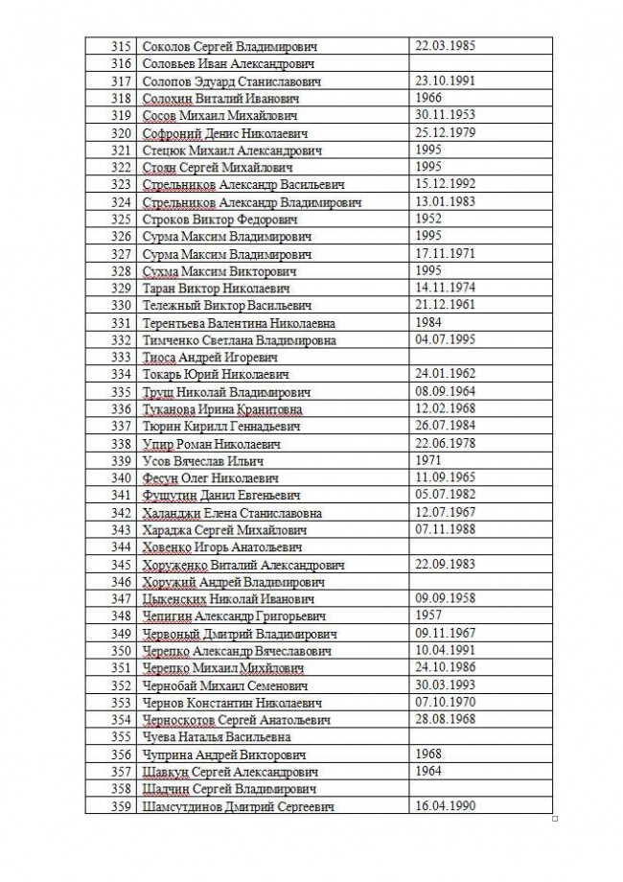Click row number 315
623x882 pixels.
[x=121, y=46]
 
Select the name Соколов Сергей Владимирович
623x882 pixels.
[x=229, y=46]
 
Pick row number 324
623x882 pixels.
[x=121, y=202]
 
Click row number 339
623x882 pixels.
[x=121, y=461]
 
